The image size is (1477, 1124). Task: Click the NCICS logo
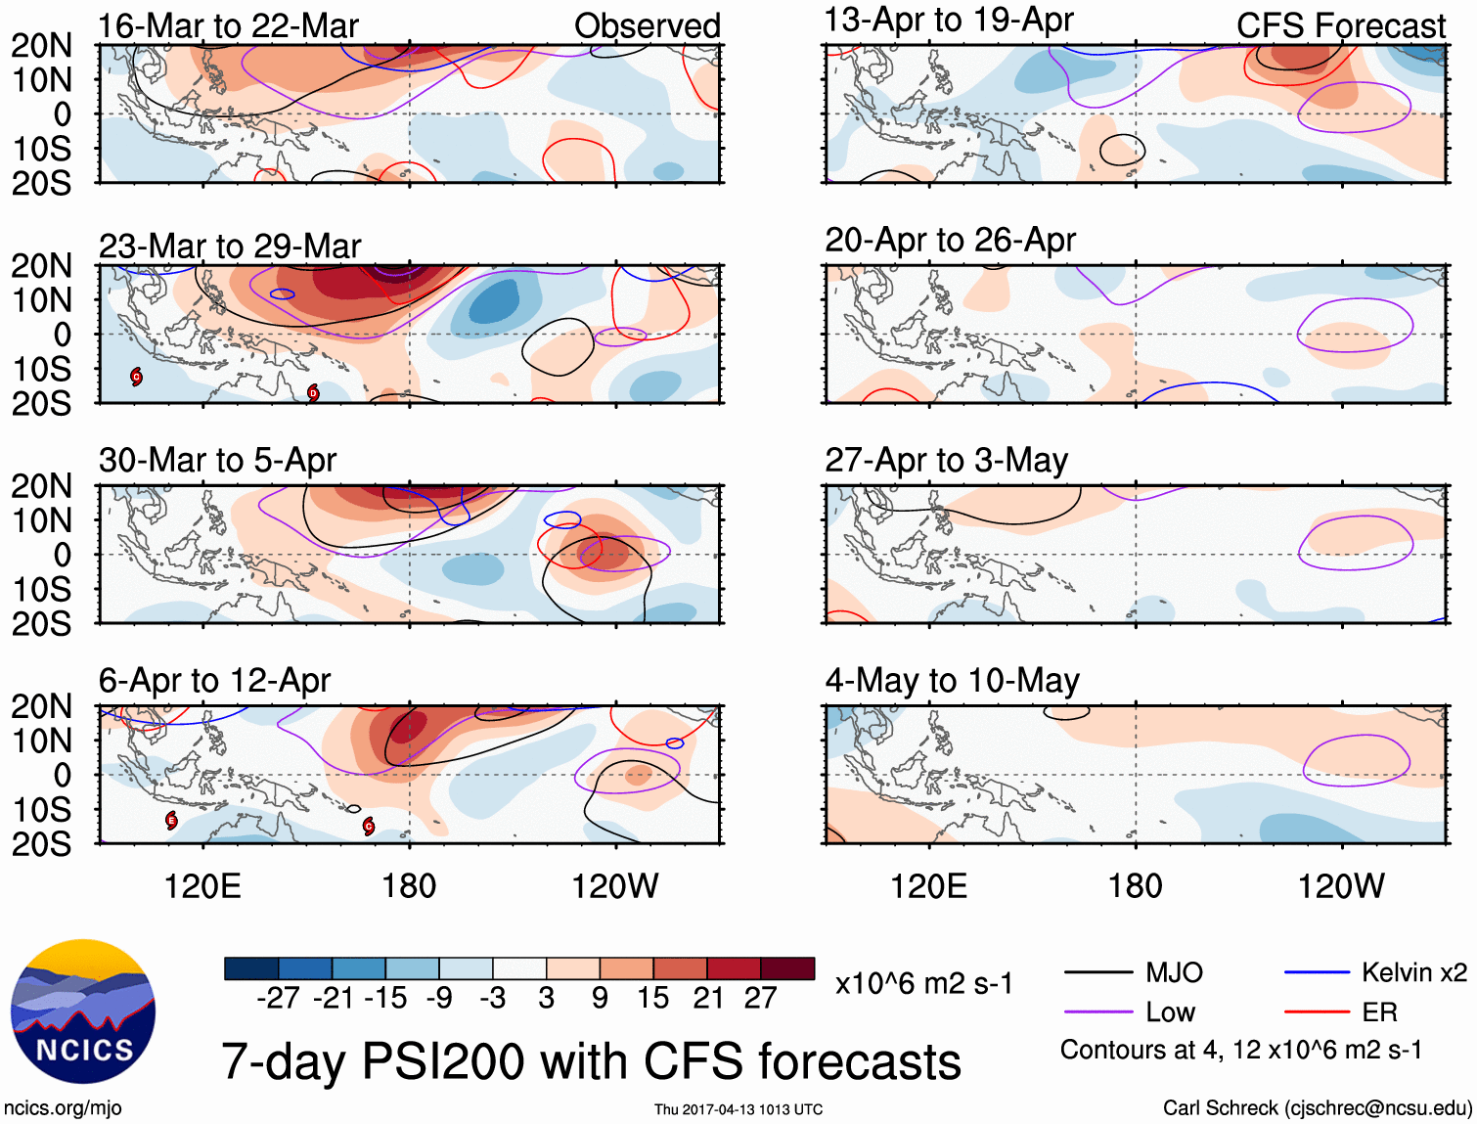(83, 1012)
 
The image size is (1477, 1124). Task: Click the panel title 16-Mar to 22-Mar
(228, 26)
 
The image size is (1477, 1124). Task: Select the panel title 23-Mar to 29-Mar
(230, 247)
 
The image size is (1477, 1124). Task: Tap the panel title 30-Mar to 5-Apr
(217, 460)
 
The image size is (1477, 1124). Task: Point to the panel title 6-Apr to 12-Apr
(214, 680)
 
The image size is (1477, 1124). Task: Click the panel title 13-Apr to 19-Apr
(949, 20)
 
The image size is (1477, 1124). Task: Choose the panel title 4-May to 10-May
(952, 680)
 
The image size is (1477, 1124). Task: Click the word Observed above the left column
(647, 26)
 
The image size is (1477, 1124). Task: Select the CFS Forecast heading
(1340, 26)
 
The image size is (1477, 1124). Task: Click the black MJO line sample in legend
(1097, 972)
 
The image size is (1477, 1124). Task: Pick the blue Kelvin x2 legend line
(1317, 972)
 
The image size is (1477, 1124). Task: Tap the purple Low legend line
(1097, 1012)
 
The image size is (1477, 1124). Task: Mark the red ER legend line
(1317, 1012)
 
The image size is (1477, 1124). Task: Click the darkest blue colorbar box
(251, 968)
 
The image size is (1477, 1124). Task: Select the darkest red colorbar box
(787, 968)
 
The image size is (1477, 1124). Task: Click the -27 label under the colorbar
(278, 998)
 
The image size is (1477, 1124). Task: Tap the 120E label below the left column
(202, 886)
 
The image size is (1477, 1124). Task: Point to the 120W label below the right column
(1341, 886)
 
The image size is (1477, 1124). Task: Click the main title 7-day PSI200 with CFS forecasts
(592, 1061)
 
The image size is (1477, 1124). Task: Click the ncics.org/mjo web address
(63, 1108)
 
